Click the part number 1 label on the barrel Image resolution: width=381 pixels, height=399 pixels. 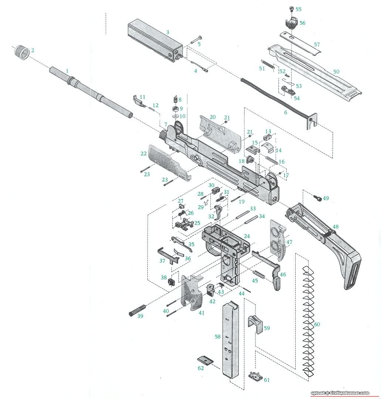(x=67, y=70)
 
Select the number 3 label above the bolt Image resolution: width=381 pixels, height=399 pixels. (x=167, y=32)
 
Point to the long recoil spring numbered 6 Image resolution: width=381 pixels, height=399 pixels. (x=273, y=97)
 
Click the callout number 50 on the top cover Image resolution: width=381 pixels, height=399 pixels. (x=336, y=71)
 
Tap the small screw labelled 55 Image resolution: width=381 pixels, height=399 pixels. (x=290, y=9)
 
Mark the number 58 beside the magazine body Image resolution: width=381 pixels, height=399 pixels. (x=217, y=337)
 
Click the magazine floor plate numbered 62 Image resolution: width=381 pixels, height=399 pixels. (x=204, y=360)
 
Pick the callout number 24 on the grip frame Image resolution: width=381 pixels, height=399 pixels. (x=246, y=236)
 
